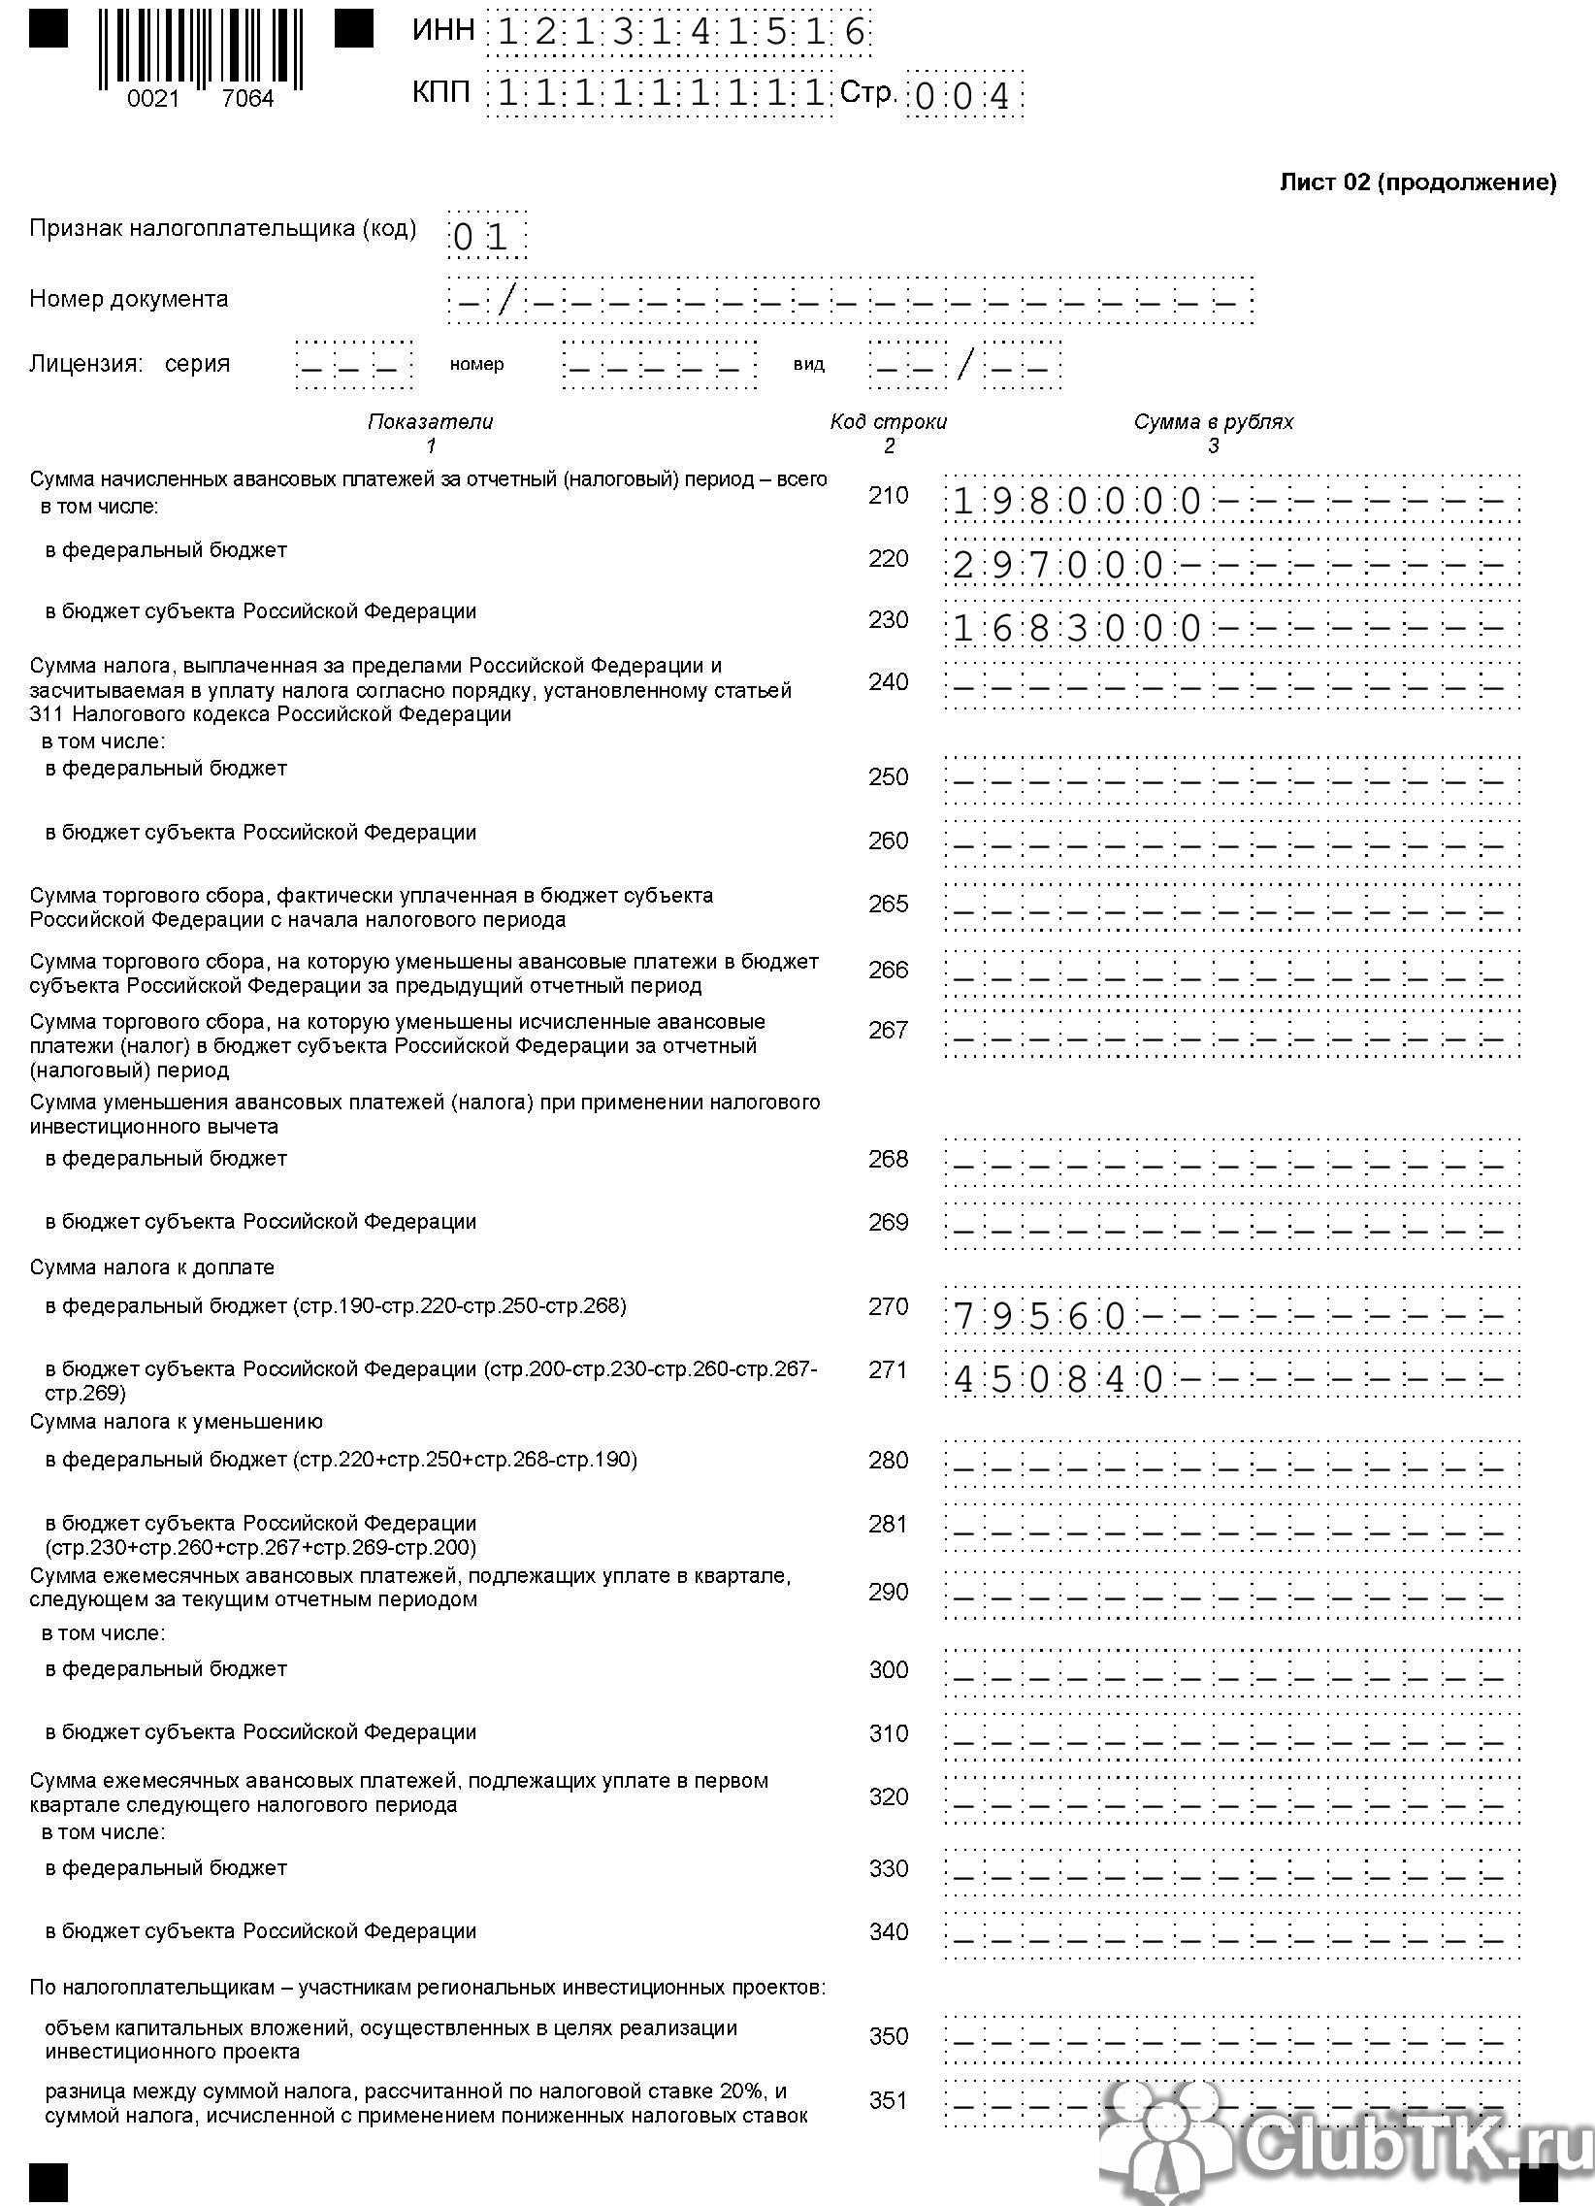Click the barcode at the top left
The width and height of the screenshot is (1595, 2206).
click(201, 49)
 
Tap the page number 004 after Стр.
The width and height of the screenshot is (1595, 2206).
click(962, 96)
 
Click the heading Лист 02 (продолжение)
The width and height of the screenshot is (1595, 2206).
click(1417, 181)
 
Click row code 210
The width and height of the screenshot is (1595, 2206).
click(888, 495)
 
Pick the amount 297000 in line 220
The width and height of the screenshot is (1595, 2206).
click(1058, 565)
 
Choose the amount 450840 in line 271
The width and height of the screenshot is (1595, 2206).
click(1058, 1379)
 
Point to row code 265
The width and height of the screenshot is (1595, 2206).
click(888, 904)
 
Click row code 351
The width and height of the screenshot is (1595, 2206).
click(888, 2100)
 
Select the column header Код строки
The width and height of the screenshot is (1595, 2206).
click(888, 421)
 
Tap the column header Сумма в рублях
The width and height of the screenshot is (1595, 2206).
click(1213, 421)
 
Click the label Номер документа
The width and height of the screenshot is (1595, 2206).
click(128, 299)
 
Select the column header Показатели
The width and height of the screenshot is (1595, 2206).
click(430, 421)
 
